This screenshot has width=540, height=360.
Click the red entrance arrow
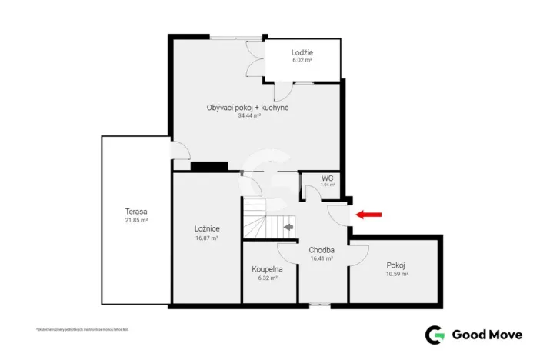[x=370, y=215]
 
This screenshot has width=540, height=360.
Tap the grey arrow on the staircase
[x=288, y=226]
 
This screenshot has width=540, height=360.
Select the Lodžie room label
[x=302, y=52]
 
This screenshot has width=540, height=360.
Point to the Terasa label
[x=136, y=212]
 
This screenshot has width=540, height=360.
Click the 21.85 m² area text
[x=136, y=220]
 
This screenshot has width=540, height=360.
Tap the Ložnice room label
[x=208, y=229]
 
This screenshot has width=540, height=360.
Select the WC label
[x=327, y=178]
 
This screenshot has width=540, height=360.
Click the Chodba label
[x=321, y=250]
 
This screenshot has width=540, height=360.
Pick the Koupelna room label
[x=267, y=269]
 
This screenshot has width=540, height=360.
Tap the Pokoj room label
[x=396, y=265]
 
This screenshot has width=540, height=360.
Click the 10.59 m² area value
[x=396, y=274]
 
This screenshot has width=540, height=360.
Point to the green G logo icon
[x=435, y=334]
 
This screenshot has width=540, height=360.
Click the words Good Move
[x=487, y=334]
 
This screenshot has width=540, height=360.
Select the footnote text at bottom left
[x=82, y=329]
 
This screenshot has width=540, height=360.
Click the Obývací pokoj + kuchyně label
[x=248, y=107]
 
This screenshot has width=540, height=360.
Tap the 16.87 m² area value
[x=208, y=238]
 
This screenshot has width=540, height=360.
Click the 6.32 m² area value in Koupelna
[x=267, y=278]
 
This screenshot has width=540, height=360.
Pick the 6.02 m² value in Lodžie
[x=302, y=60]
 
